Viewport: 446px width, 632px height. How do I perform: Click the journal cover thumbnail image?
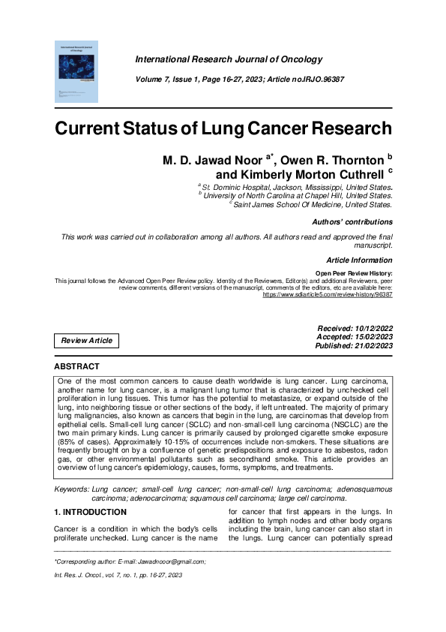tap(77, 71)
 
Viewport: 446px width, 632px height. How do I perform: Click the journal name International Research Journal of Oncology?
tap(229, 59)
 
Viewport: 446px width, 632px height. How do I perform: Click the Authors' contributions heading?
tap(352, 222)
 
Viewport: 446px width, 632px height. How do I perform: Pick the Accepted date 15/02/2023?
tap(365, 338)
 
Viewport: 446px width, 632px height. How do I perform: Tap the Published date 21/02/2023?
tap(365, 347)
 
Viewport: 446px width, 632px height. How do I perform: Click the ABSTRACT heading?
tap(76, 366)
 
